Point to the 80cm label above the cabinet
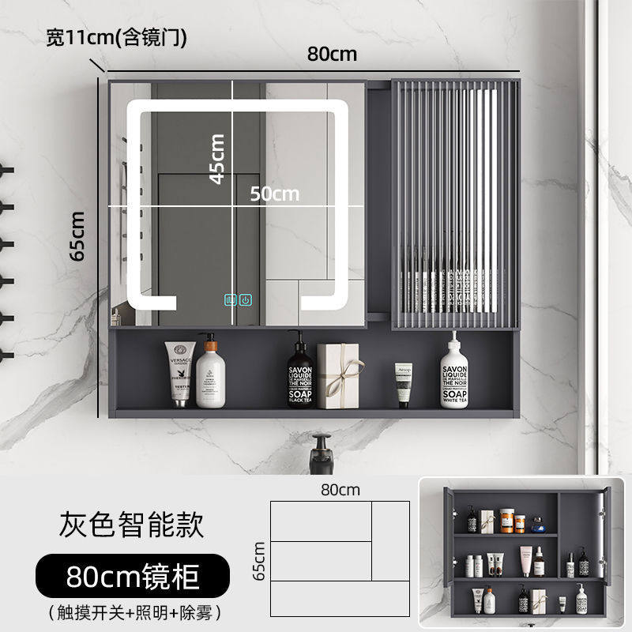[332, 54]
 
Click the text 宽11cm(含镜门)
[116, 38]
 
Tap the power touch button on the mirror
[246, 300]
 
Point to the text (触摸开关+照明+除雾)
[131, 611]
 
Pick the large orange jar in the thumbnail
[520, 521]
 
